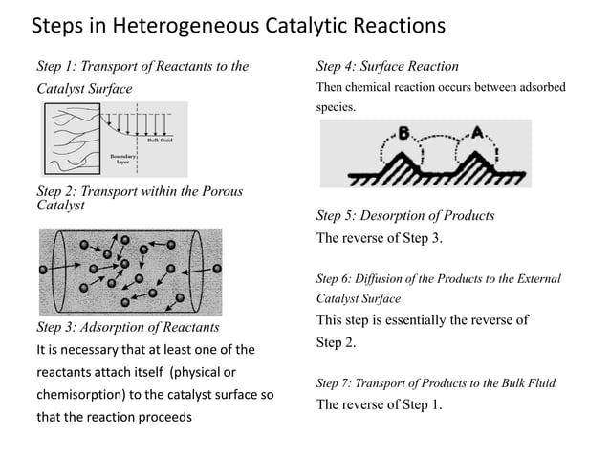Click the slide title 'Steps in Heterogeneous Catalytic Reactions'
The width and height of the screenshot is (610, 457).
tap(239, 23)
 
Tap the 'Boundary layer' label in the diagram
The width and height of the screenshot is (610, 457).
tap(122, 158)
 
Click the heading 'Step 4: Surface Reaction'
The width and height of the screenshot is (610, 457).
tap(387, 67)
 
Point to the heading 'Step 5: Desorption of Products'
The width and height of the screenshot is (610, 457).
tap(405, 215)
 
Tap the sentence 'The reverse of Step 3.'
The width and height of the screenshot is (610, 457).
tap(380, 238)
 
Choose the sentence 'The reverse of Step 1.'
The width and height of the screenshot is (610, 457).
tap(380, 403)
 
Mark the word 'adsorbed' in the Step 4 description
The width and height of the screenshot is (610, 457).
tap(539, 88)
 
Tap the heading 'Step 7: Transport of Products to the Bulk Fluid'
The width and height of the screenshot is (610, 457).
tap(435, 383)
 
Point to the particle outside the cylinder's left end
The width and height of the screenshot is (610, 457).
tap(42, 270)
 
